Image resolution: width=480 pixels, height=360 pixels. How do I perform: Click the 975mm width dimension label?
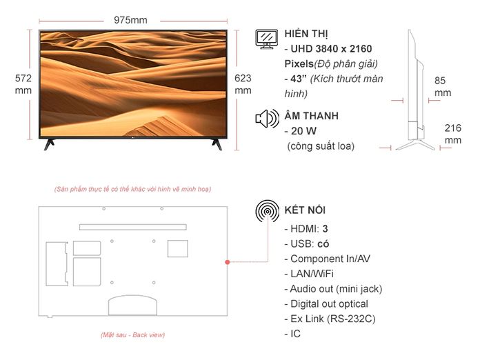point(130,20)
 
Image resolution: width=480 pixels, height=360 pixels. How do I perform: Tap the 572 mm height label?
point(23,84)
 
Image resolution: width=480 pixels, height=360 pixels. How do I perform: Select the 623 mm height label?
point(243,84)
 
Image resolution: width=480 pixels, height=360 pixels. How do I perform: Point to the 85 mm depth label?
point(443,87)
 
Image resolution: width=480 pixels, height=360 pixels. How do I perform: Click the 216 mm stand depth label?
point(452,134)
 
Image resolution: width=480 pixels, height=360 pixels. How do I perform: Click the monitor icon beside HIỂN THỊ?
point(267,39)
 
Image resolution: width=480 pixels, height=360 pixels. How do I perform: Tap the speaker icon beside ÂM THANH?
point(268,119)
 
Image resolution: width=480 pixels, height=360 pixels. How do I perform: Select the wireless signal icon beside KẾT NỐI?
point(268,211)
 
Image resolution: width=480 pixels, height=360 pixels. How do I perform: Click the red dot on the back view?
point(227,262)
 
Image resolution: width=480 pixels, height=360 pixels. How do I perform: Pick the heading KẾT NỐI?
point(305,210)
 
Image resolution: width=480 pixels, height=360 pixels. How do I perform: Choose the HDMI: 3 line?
point(306,229)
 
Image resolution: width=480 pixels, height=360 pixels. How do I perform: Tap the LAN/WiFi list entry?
point(309,274)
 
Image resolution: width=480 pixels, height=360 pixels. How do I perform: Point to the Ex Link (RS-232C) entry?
point(330,319)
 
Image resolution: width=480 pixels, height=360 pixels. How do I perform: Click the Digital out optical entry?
point(326,303)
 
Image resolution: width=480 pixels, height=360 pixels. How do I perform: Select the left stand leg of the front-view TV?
point(49,144)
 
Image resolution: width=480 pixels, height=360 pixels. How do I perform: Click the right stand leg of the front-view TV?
point(217,144)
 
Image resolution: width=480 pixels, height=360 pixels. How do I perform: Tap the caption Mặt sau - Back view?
point(133,335)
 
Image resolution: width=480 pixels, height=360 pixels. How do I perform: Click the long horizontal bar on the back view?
point(133,227)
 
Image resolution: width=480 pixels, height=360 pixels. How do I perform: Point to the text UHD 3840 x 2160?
point(331,49)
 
